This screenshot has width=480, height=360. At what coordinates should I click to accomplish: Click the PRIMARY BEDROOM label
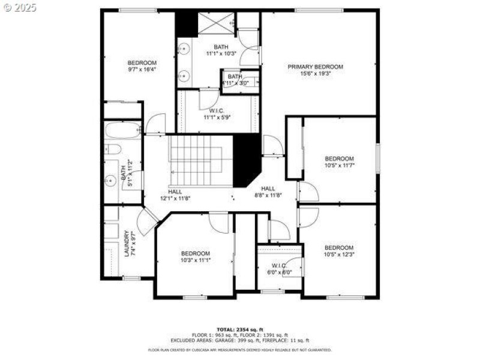click(x=315, y=67)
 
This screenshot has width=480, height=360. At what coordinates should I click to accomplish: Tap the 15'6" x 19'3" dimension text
click(x=315, y=73)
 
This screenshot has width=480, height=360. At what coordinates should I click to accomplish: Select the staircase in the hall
click(x=200, y=160)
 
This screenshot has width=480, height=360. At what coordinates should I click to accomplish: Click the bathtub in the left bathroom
click(x=122, y=130)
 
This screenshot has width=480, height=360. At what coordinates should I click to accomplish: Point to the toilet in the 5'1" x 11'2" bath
click(x=113, y=149)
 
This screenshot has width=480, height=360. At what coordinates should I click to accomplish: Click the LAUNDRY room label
click(x=127, y=244)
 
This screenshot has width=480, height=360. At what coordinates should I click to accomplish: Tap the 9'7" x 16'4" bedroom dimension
click(x=142, y=70)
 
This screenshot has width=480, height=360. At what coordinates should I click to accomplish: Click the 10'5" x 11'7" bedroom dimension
click(x=339, y=165)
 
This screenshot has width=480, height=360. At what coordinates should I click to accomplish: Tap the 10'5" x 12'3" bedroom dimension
click(x=339, y=254)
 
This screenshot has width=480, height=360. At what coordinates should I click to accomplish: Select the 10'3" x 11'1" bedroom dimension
click(x=196, y=260)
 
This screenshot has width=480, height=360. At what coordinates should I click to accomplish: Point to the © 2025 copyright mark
click(x=20, y=8)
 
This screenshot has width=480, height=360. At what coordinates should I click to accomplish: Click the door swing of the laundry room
click(x=146, y=222)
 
